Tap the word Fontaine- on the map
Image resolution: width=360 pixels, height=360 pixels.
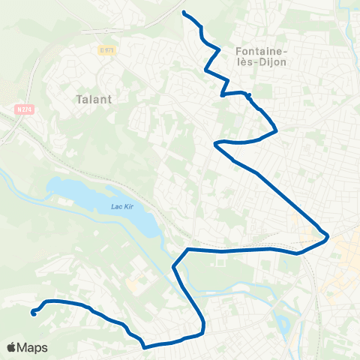click(257, 51)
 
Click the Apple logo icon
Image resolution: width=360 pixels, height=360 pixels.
click(13, 347)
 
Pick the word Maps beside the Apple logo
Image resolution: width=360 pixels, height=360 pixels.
click(33, 347)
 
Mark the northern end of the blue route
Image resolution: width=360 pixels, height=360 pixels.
click(184, 12)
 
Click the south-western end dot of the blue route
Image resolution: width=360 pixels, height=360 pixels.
click(34, 313)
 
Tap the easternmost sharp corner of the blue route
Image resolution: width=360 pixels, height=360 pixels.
click(328, 237)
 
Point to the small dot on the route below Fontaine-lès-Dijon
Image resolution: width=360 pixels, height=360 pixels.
click(247, 95)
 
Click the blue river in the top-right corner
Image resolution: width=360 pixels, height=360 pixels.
click(349, 22)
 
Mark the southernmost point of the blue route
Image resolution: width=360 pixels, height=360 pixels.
click(145, 346)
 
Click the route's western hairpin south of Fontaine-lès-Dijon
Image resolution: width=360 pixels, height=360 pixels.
click(215, 142)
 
